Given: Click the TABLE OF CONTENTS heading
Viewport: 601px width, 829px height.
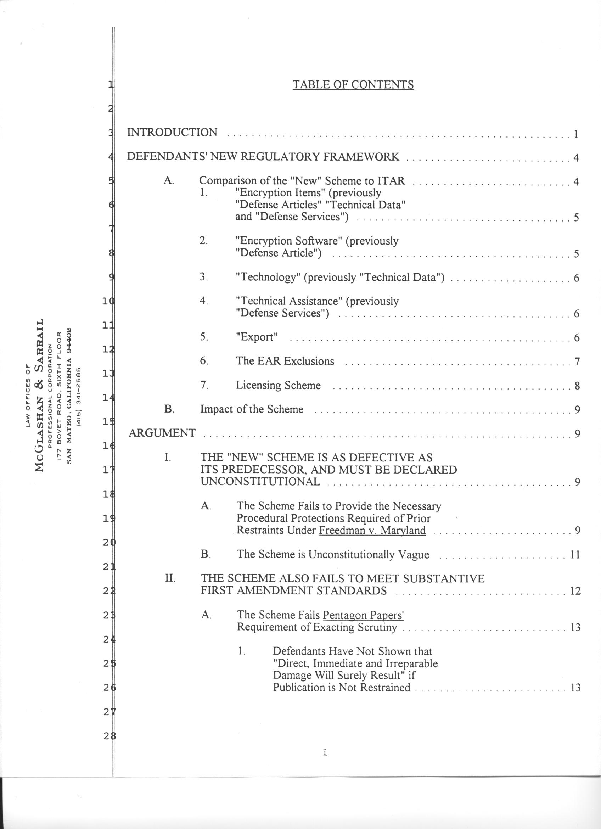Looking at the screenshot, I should [353, 85].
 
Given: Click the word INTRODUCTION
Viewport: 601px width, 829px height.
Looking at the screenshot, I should [172, 132].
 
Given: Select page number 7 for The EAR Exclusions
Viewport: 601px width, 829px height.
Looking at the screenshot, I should [577, 362].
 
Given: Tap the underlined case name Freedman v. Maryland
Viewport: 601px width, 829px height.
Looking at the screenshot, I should [372, 530].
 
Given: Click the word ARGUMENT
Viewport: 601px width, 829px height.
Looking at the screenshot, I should [162, 433].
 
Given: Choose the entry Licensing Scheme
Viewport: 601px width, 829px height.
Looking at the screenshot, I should [278, 385].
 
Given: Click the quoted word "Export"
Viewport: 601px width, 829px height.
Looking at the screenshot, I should [257, 337].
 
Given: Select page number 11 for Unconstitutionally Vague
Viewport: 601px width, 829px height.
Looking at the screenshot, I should [575, 555].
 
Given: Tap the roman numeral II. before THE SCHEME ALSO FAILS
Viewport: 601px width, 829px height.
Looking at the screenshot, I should [170, 579].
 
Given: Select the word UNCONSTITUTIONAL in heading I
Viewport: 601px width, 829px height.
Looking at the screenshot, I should [260, 482].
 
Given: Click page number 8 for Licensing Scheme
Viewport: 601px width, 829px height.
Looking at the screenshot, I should [577, 386].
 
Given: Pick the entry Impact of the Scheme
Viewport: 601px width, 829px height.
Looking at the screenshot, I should [252, 409].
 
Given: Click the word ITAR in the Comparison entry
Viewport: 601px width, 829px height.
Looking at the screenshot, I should [391, 180].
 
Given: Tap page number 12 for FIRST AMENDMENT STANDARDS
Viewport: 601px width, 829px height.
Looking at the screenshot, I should [575, 591].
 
